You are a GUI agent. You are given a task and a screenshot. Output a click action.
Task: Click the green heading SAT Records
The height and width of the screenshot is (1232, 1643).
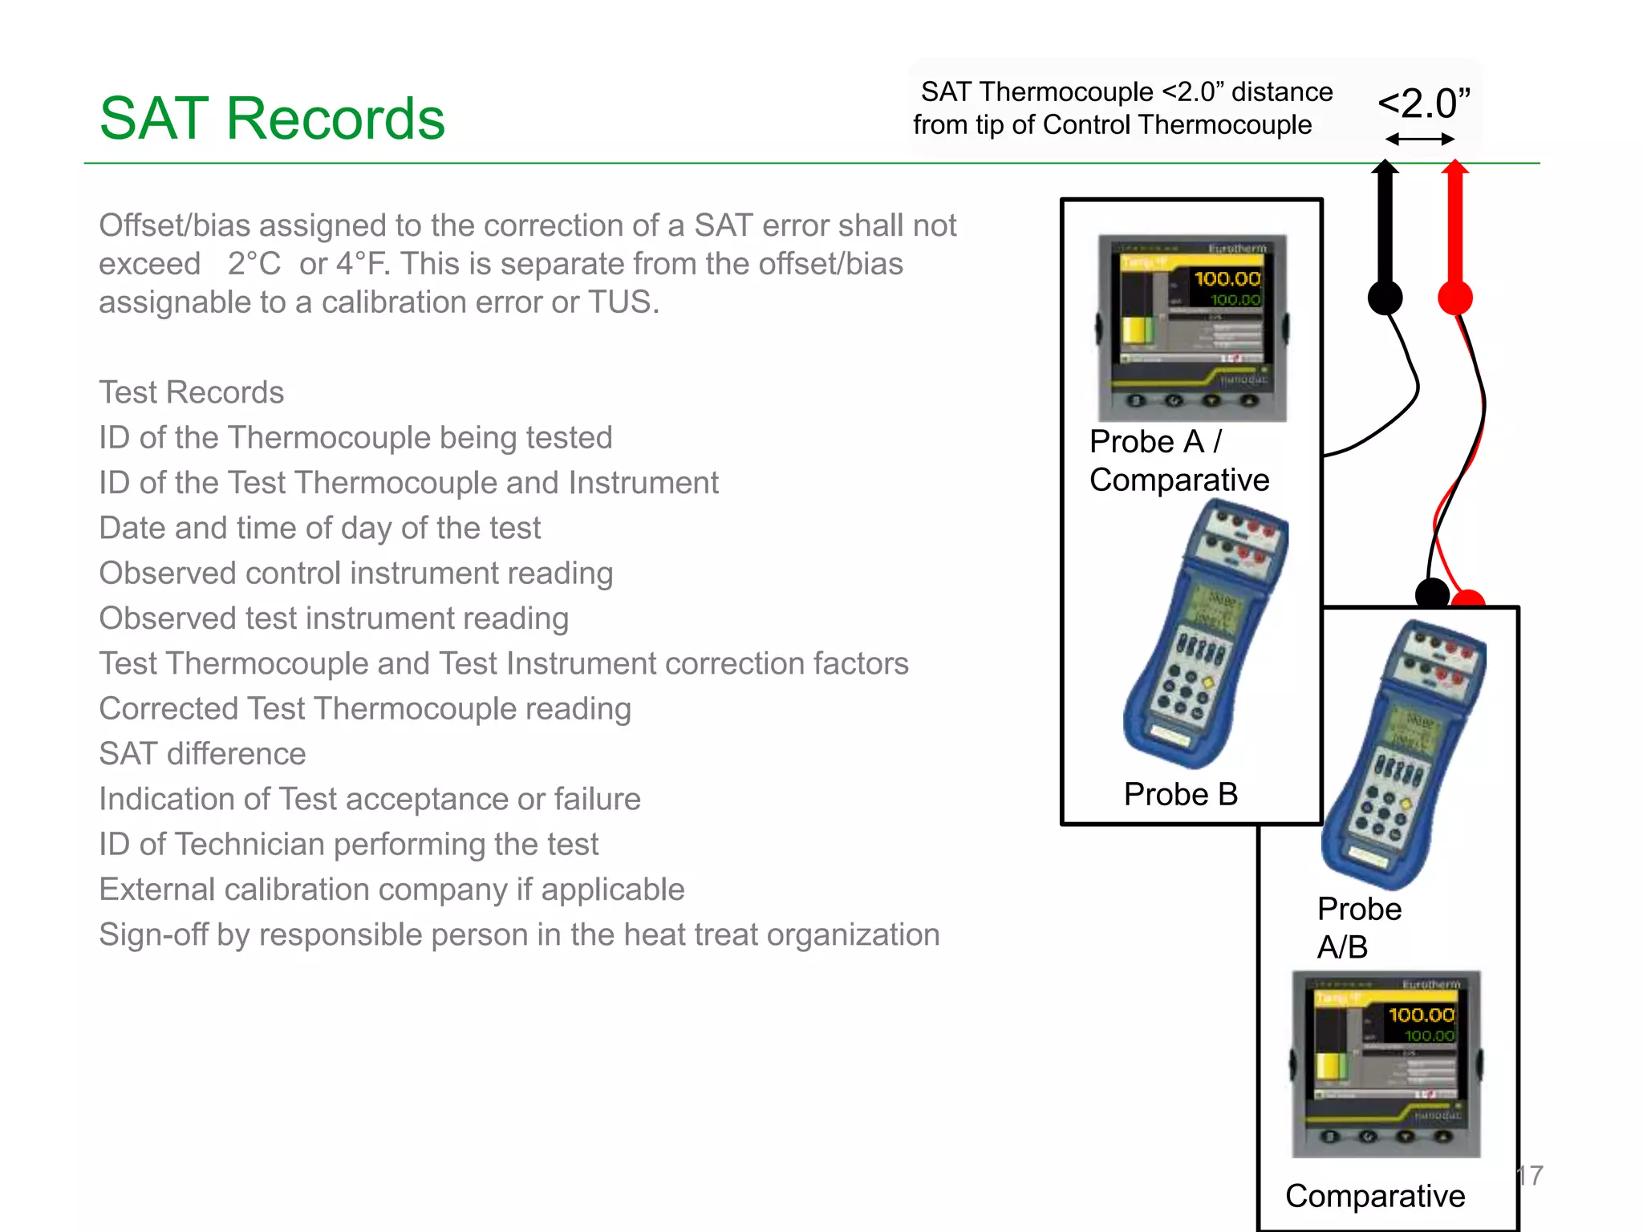pyautogui.click(x=272, y=119)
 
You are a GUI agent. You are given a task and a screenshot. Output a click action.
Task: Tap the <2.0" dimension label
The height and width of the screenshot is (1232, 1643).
pyautogui.click(x=1424, y=104)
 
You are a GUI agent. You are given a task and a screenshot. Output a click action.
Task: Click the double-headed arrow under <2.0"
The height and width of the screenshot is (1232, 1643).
pyautogui.click(x=1419, y=140)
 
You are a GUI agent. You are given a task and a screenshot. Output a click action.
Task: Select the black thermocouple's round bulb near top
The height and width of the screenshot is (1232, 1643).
pyautogui.click(x=1385, y=298)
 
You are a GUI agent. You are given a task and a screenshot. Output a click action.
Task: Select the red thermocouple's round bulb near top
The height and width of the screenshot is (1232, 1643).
pyautogui.click(x=1454, y=298)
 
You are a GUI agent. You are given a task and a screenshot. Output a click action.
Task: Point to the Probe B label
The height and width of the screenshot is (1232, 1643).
pyautogui.click(x=1180, y=794)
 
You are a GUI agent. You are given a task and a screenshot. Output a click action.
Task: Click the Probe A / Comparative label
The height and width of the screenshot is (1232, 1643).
pyautogui.click(x=1178, y=461)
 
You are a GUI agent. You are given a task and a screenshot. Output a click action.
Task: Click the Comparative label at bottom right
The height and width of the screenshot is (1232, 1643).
pyautogui.click(x=1374, y=1196)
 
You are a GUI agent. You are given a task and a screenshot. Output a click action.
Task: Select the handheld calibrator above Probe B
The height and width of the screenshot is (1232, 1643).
pyautogui.click(x=1203, y=634)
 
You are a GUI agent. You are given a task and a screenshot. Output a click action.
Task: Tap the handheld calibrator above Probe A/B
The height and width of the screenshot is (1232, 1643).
pyautogui.click(x=1402, y=754)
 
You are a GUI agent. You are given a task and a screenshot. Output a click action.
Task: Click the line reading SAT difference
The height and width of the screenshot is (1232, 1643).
pyautogui.click(x=202, y=754)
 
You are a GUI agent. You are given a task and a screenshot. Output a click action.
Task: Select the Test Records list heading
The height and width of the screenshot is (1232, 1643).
pyautogui.click(x=191, y=392)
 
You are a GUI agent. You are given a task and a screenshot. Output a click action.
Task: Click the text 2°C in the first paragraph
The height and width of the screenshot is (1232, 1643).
pyautogui.click(x=254, y=264)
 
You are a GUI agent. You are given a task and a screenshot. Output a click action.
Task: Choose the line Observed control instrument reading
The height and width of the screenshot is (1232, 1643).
pyautogui.click(x=355, y=573)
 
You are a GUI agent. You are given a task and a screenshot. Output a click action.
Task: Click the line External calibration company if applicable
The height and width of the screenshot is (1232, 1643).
pyautogui.click(x=391, y=890)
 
